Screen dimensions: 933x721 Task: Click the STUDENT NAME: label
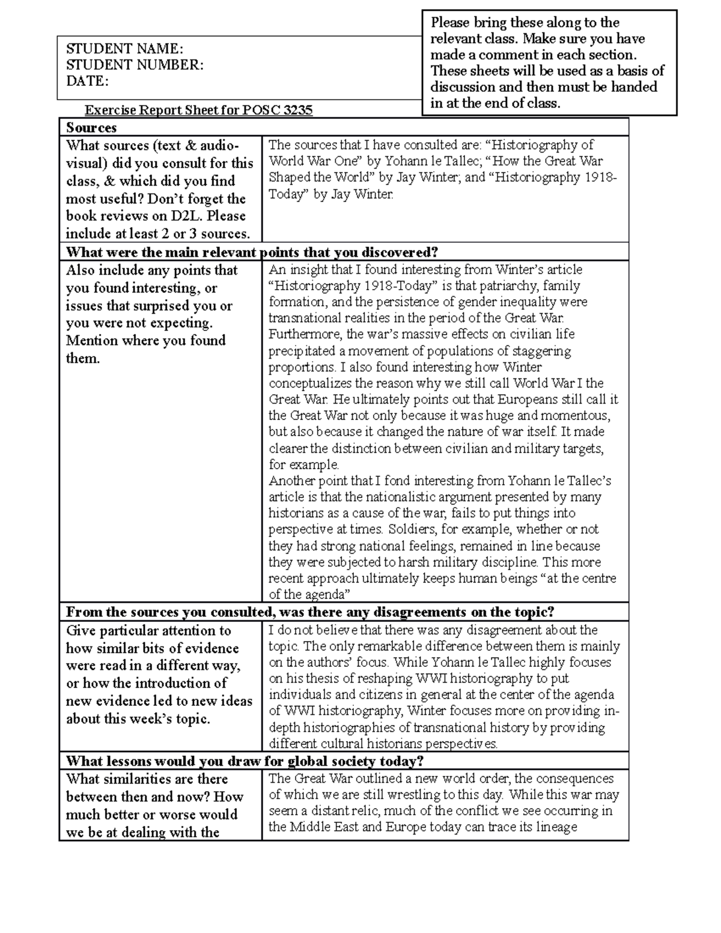(x=124, y=49)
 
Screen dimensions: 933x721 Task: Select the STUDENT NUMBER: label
(x=135, y=65)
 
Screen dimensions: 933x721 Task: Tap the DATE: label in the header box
(x=87, y=81)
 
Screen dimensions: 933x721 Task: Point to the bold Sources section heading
(x=91, y=127)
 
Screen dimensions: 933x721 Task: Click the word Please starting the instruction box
(x=450, y=23)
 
